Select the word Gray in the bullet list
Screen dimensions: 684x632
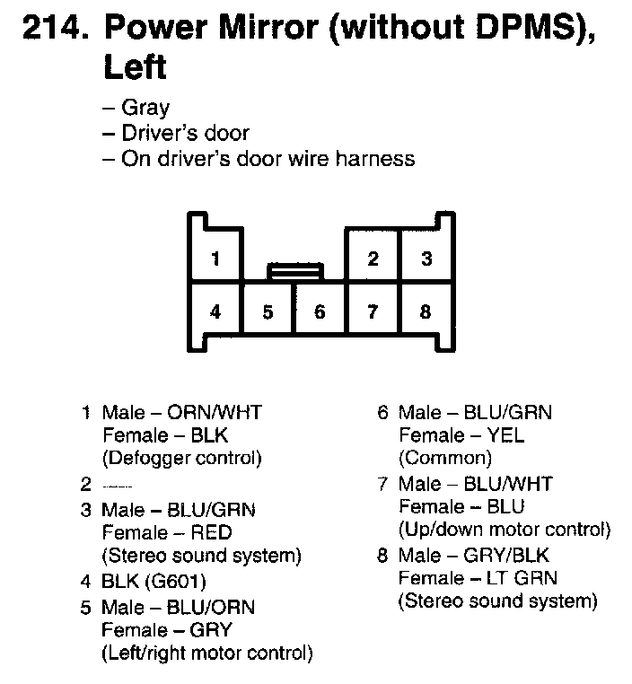[145, 108]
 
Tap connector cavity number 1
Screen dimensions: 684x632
[215, 260]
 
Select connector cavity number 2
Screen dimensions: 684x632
[373, 260]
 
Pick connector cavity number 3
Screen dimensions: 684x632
[426, 260]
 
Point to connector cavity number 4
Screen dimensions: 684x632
[215, 312]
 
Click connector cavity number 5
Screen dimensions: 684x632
[268, 312]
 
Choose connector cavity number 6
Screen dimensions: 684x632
[320, 312]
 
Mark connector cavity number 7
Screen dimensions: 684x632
[373, 312]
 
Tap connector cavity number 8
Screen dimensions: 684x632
[426, 312]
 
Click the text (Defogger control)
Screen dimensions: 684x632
[181, 459]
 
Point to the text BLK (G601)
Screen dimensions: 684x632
[154, 581]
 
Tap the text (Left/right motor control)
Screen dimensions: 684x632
[206, 653]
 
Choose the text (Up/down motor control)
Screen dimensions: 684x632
[504, 530]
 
